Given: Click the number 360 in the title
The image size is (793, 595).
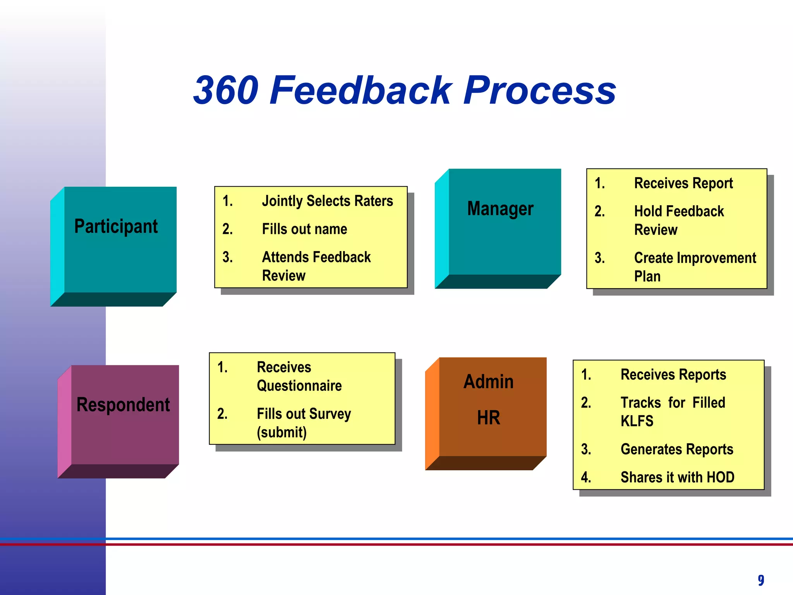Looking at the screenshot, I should pos(226,91).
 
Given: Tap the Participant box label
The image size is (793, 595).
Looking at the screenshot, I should pos(116,227).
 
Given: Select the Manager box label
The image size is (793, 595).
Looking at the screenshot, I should pos(500,209).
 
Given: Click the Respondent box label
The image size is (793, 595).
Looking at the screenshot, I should pos(123,405).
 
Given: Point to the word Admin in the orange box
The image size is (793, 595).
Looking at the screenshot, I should pos(489,382).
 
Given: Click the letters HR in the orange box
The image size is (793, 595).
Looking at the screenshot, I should pos(489,418).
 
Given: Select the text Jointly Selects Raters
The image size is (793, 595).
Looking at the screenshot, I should pos(327,201).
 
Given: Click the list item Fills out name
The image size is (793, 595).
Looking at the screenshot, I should pos(304,229).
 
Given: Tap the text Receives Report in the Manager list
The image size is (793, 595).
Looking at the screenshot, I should pos(683,183).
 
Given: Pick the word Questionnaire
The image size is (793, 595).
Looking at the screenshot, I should pos(299,386).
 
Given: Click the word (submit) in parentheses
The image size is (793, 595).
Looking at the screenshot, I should pos(281,432).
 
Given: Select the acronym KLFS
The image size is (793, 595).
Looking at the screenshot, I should pos(637,421).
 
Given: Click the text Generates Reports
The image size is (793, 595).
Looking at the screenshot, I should pos(677,449).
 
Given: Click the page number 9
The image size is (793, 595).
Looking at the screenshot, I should pos(761,580).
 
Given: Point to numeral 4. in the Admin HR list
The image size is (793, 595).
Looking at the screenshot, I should pos(586,477).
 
